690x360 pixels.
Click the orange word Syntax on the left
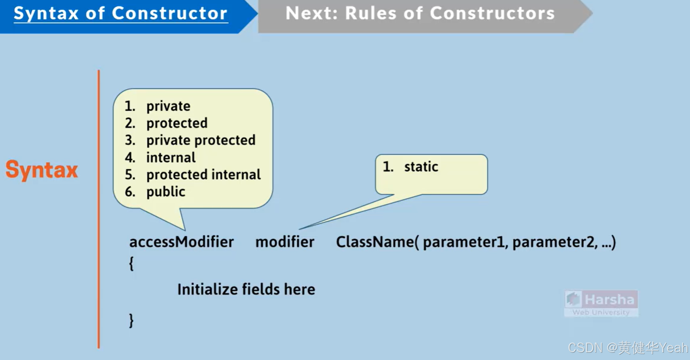coord(42,170)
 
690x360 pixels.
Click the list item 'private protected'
coord(201,140)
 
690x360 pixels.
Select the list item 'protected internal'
coord(203,175)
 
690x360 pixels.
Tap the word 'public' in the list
coord(165,192)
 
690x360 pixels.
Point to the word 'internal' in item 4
coord(171,157)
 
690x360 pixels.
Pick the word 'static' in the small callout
coord(421,167)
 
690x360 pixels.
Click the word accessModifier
coord(181,242)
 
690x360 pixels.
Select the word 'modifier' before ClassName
coord(285,242)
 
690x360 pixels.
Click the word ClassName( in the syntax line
coord(377,242)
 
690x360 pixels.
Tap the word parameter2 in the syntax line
coord(554,242)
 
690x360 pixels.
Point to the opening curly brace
coord(131,264)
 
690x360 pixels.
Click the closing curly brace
coord(131,320)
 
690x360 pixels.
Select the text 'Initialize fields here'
coord(246,290)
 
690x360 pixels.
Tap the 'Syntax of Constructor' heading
coord(121,14)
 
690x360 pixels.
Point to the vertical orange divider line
coord(98,209)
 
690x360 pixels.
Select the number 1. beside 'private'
coord(129,106)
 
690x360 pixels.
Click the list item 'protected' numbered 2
coord(177,123)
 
